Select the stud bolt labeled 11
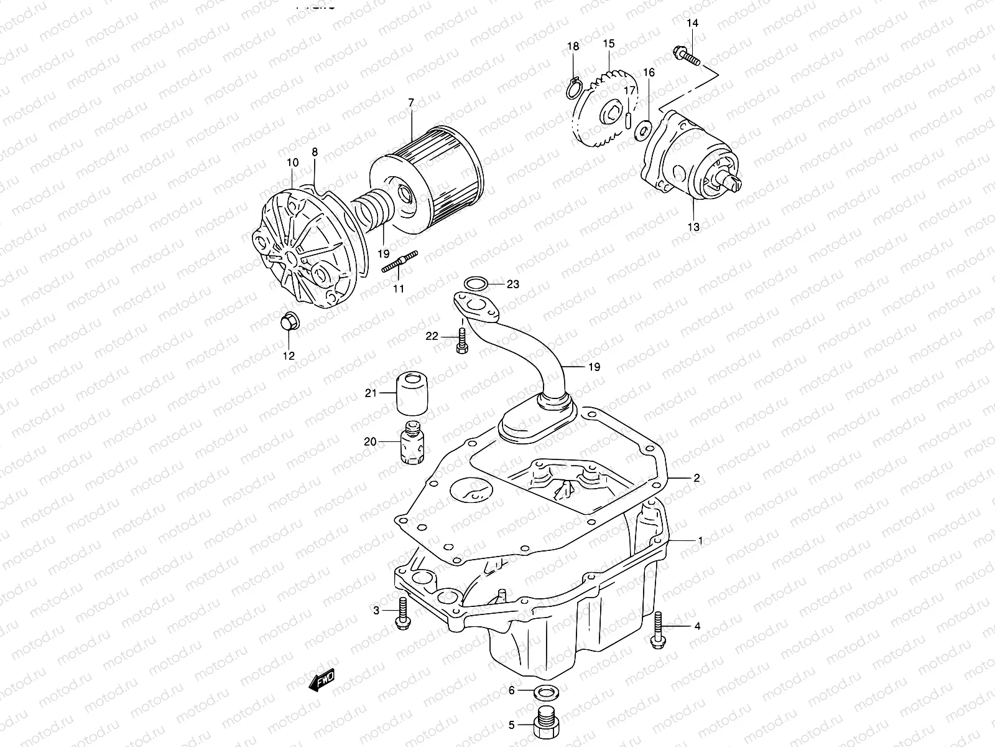(x=399, y=261)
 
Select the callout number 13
(x=693, y=227)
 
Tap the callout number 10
(x=292, y=162)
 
